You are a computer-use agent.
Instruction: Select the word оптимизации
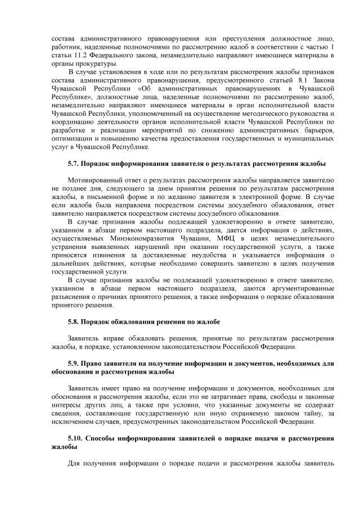(66, 139)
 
